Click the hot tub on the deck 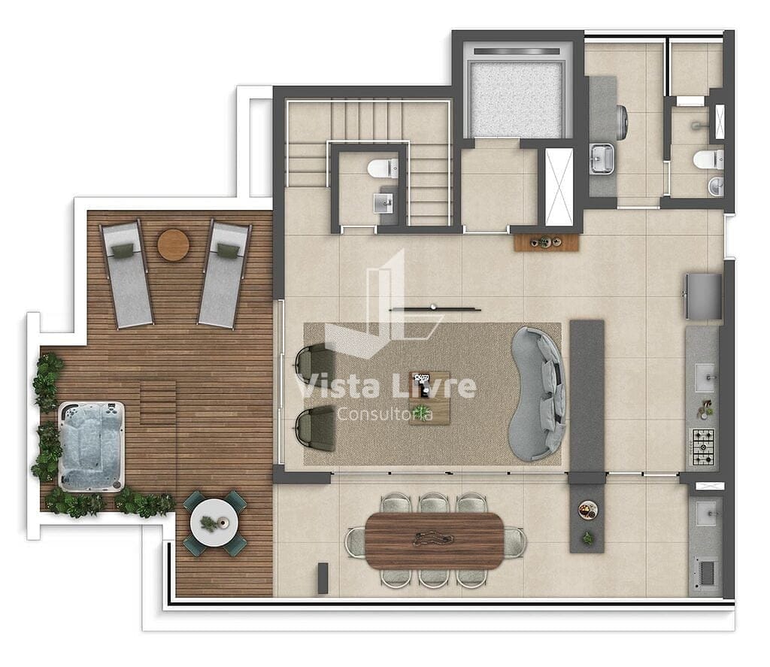click(x=91, y=447)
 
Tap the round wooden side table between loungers click(x=174, y=244)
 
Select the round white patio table click(x=214, y=523)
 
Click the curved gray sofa click(x=537, y=393)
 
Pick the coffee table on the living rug click(x=429, y=398)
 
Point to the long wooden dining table click(x=435, y=541)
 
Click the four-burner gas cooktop click(x=703, y=447)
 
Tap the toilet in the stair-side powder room click(x=383, y=168)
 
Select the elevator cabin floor click(x=516, y=100)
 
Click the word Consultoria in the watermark click(x=385, y=414)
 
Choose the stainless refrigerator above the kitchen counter click(x=704, y=296)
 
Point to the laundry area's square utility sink click(x=602, y=159)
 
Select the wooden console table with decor click(x=547, y=243)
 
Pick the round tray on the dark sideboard click(x=587, y=510)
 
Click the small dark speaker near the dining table click(x=323, y=578)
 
